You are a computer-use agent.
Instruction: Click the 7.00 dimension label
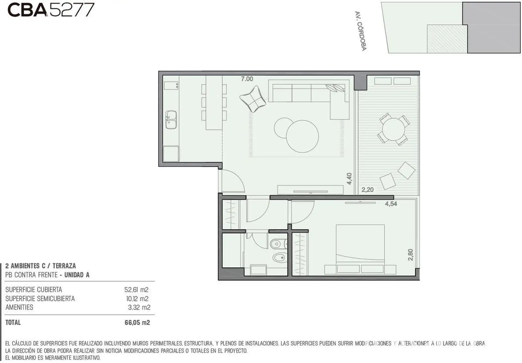[247, 79]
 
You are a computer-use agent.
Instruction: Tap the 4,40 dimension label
[349, 179]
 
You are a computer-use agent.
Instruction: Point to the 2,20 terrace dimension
[368, 190]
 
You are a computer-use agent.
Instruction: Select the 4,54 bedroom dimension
[391, 204]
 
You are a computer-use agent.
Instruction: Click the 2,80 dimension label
[411, 255]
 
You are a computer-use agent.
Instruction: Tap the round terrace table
[393, 129]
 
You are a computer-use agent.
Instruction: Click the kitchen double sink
[171, 120]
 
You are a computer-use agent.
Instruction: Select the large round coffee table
[302, 136]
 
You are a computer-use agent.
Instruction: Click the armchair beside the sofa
[253, 99]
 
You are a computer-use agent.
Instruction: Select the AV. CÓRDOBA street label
[361, 31]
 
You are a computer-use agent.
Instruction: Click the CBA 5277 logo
[51, 10]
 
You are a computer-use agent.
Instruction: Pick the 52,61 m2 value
[136, 290]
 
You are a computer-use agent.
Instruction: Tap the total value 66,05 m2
[137, 322]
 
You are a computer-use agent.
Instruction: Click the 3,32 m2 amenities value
[139, 307]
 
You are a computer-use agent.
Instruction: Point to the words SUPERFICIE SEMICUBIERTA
[40, 299]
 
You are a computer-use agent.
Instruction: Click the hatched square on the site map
[447, 39]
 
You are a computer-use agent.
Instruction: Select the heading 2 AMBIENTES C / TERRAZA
[41, 266]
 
